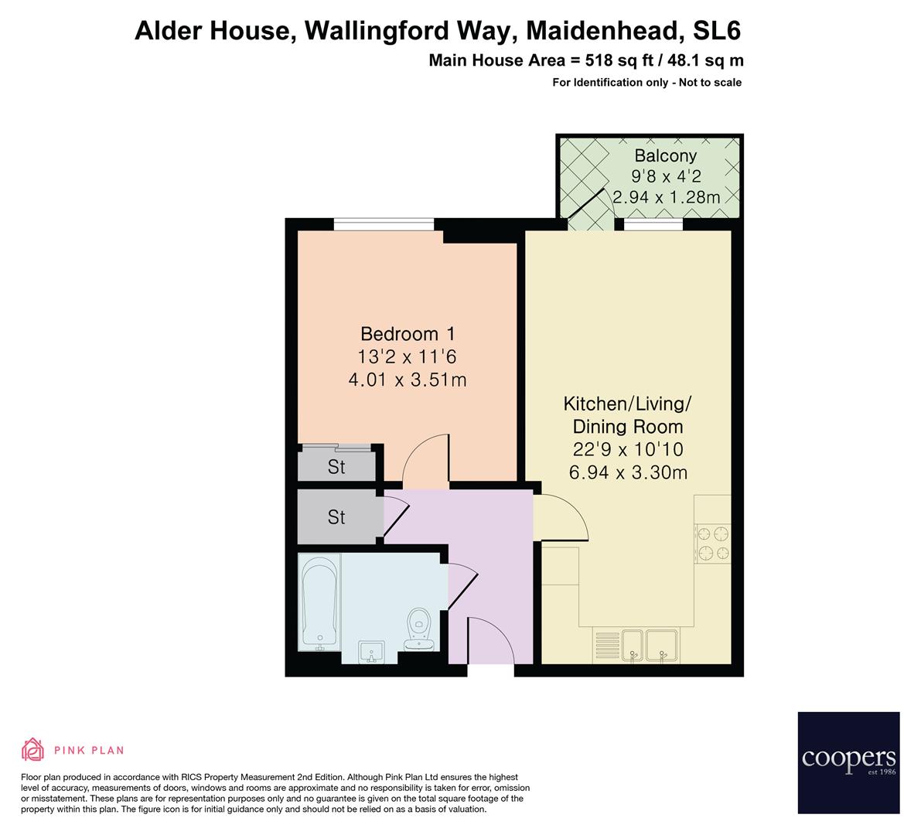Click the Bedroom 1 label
click(x=408, y=334)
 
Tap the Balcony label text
click(x=665, y=155)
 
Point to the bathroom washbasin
click(x=372, y=651)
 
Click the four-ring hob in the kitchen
click(x=713, y=542)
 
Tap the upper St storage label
click(x=336, y=468)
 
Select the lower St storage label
click(x=336, y=516)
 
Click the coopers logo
click(x=848, y=762)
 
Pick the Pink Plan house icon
click(x=33, y=749)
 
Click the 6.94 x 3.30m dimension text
click(x=628, y=472)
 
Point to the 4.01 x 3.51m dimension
click(x=408, y=380)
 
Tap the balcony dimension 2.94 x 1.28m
click(x=666, y=197)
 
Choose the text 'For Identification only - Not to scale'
click(x=646, y=83)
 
